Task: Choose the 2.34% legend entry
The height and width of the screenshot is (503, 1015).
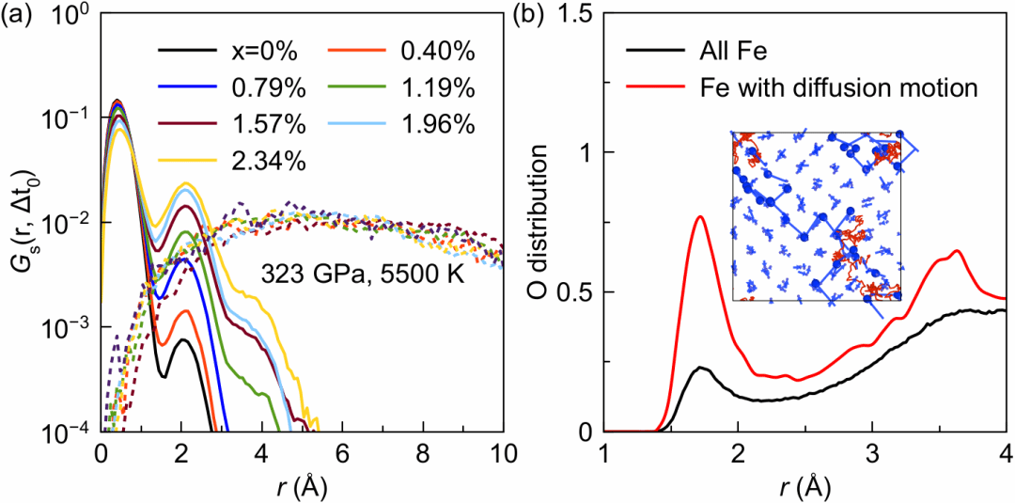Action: (229, 162)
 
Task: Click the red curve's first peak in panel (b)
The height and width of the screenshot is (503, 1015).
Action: (699, 217)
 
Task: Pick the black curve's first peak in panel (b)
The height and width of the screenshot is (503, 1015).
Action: (700, 368)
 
